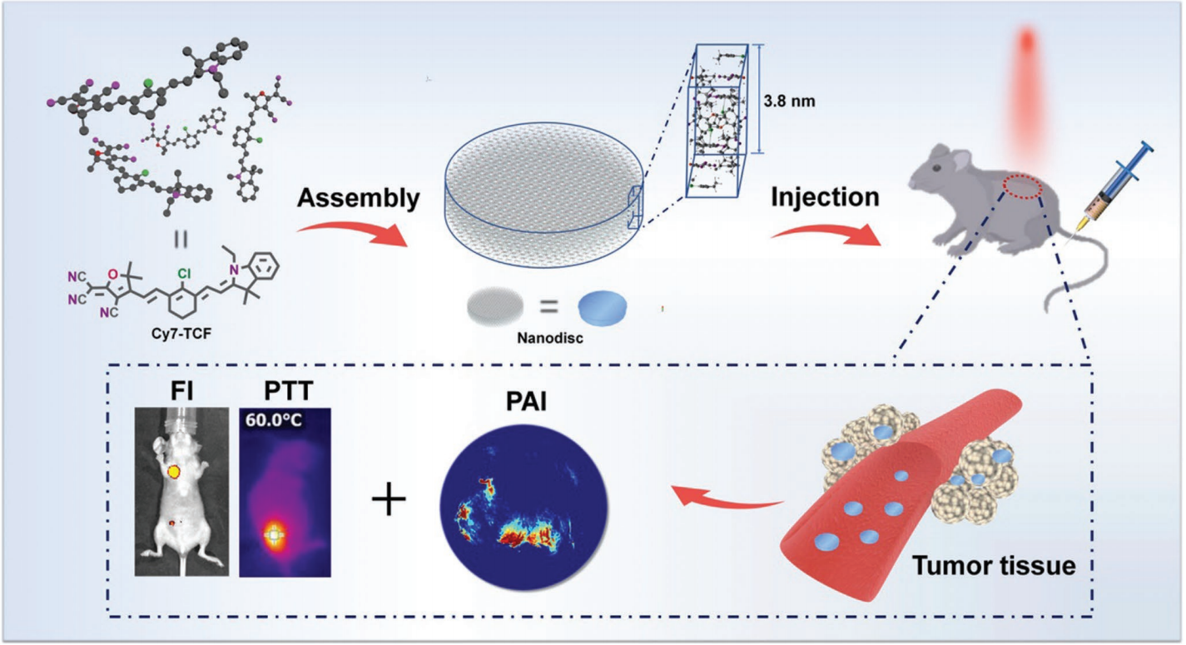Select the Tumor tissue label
point(994,568)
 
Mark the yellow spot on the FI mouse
point(175,472)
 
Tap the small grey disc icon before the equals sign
point(496,305)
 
